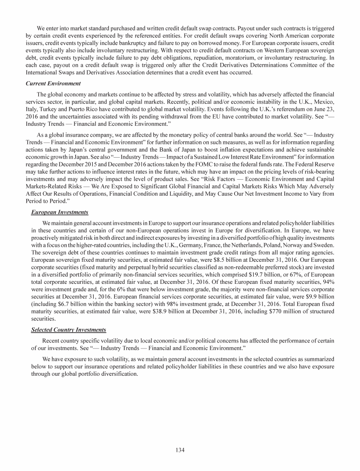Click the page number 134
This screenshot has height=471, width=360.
[x=180, y=450]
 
